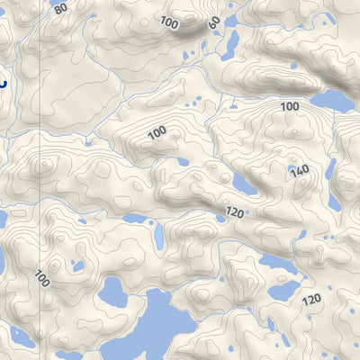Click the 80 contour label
point(60,9)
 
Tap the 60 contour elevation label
point(213,22)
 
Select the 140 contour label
point(300,171)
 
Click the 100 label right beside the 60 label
point(168,21)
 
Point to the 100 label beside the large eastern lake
point(289,106)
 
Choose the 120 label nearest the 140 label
point(235,213)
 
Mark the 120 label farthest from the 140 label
point(312,298)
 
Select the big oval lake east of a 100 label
point(332,99)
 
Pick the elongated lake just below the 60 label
point(229,44)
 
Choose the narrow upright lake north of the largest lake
point(158,237)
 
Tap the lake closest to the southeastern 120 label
point(284,291)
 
